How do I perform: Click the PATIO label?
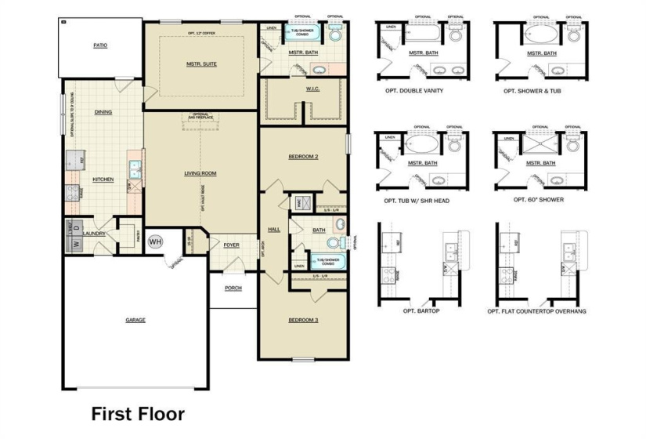(x=100, y=46)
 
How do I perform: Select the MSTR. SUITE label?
(x=201, y=64)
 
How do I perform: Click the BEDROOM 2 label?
(x=303, y=157)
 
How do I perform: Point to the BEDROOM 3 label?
(x=303, y=320)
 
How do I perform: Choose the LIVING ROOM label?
(x=200, y=173)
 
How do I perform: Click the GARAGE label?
(x=135, y=320)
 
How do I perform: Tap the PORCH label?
(x=233, y=288)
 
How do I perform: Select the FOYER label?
(x=231, y=245)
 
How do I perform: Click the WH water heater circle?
(x=154, y=241)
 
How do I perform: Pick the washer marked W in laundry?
(x=77, y=244)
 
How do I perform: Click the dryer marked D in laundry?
(x=77, y=228)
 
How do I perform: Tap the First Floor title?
(x=138, y=412)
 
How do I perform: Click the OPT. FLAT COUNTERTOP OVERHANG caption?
(x=536, y=311)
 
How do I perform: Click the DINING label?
(x=103, y=112)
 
